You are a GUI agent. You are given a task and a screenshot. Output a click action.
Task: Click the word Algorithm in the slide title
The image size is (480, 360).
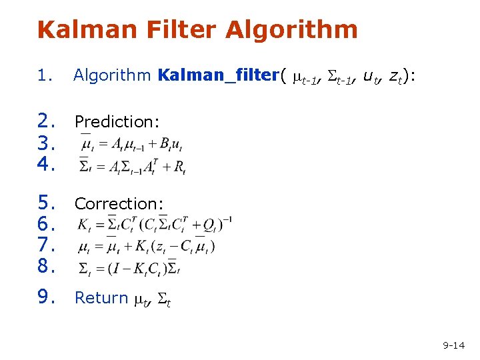291,30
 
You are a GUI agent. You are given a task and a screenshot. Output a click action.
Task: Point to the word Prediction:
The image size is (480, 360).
117,121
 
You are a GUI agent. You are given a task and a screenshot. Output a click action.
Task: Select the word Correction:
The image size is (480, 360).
119,203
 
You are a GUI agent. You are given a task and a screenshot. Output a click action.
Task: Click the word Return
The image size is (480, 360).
101,297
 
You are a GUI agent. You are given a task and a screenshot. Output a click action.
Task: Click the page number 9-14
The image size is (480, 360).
453,345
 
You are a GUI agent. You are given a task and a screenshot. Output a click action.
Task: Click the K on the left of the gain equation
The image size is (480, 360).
82,224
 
